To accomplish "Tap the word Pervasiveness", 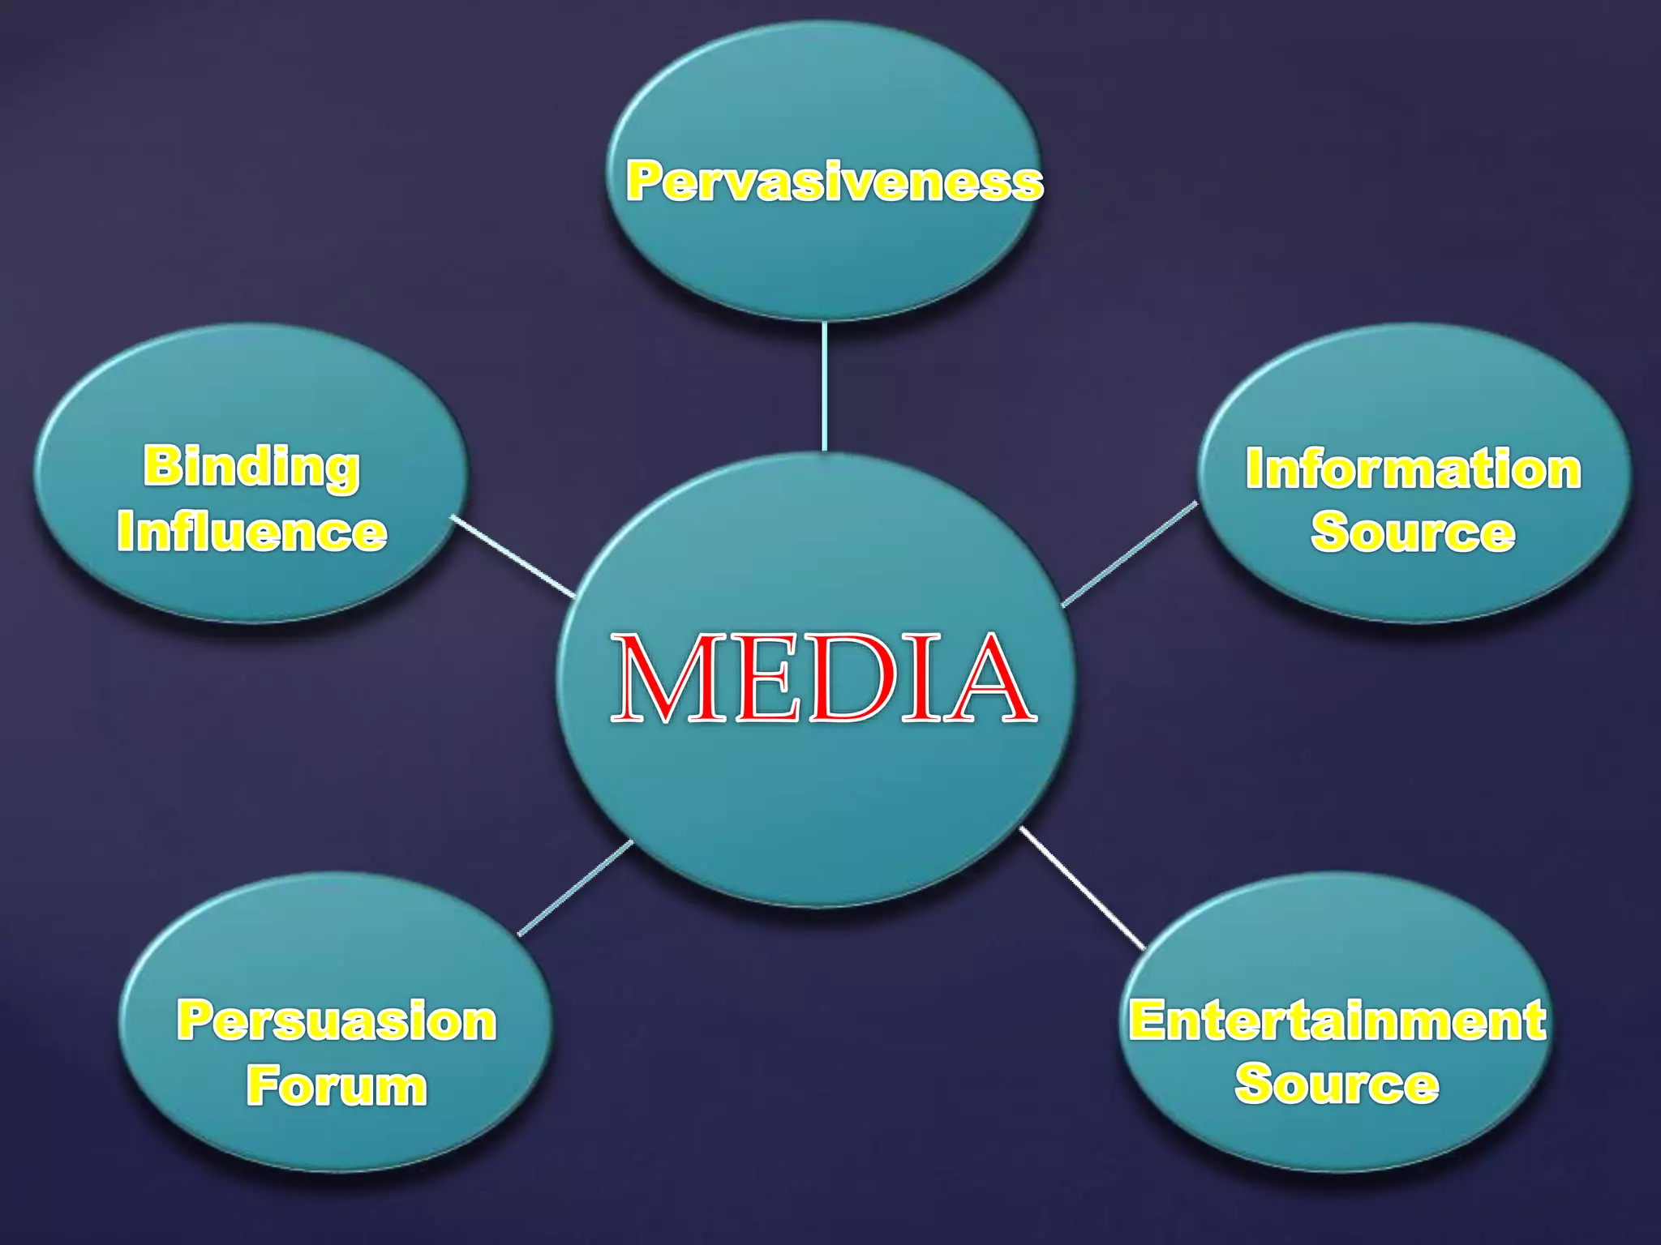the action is pyautogui.click(x=835, y=181).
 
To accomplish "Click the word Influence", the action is pyautogui.click(x=251, y=532).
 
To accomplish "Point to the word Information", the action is pyautogui.click(x=1413, y=469).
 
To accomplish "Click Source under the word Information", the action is pyautogui.click(x=1413, y=533).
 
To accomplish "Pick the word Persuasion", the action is pyautogui.click(x=337, y=1020).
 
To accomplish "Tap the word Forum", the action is pyautogui.click(x=337, y=1085).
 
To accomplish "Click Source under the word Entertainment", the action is pyautogui.click(x=1337, y=1084).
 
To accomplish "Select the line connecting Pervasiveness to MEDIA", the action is pyautogui.click(x=824, y=386).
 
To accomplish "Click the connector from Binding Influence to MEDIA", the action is pyautogui.click(x=513, y=556).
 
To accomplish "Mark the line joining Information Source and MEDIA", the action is pyautogui.click(x=1129, y=554).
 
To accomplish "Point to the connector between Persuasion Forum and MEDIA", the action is pyautogui.click(x=575, y=888).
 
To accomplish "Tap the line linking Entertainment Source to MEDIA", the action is pyautogui.click(x=1082, y=888).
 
